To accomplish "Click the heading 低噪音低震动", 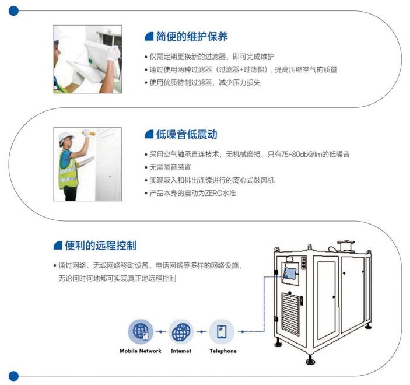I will pyautogui.click(x=187, y=135).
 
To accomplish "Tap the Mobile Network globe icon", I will pyautogui.click(x=141, y=332).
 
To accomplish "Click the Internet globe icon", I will pyautogui.click(x=181, y=332).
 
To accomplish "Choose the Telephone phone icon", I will pyautogui.click(x=222, y=332).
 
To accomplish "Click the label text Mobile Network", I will pyautogui.click(x=141, y=351).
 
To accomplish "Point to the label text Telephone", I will pyautogui.click(x=223, y=351).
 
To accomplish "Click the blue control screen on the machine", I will pyautogui.click(x=289, y=272).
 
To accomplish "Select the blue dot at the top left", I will pyautogui.click(x=13, y=10).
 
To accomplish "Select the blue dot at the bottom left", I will pyautogui.click(x=13, y=376).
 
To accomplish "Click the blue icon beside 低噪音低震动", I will pyautogui.click(x=149, y=135).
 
